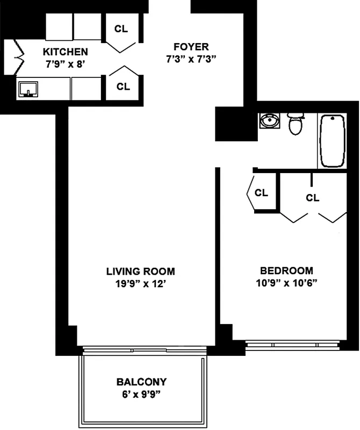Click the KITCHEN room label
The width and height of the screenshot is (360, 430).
tap(65, 52)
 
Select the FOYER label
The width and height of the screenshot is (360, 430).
tap(190, 47)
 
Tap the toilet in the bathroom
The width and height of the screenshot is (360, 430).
tap(296, 124)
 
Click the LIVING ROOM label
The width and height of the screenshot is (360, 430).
tap(140, 271)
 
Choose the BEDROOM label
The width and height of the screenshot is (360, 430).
tap(286, 271)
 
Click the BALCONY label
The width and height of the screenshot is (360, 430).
tap(141, 382)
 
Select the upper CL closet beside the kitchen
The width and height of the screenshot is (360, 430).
tap(122, 29)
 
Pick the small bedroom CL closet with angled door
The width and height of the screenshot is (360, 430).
tap(261, 192)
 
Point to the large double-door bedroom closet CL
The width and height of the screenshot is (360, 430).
tap(313, 197)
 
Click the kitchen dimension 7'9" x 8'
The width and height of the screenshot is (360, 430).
tap(65, 64)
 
